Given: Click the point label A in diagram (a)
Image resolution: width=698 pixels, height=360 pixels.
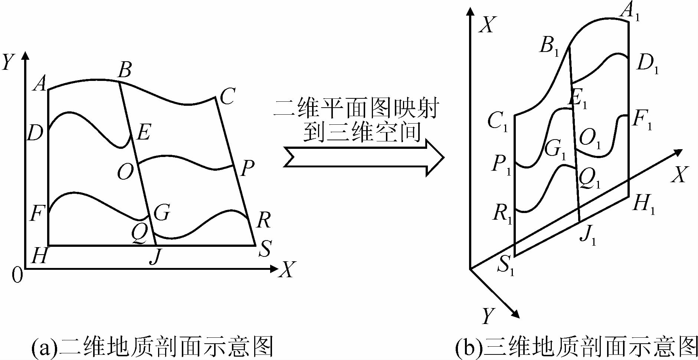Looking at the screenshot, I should click(40, 83).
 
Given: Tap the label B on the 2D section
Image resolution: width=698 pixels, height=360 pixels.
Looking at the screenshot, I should click(125, 69).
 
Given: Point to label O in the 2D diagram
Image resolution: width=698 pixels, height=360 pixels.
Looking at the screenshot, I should click(125, 172).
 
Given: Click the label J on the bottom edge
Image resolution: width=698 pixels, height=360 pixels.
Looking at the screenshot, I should click(156, 256).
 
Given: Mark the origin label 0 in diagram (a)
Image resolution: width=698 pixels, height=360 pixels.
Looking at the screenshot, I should click(17, 275).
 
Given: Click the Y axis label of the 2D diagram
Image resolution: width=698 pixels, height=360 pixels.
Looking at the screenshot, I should click(8, 62).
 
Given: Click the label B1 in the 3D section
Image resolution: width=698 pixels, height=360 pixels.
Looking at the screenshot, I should click(549, 46).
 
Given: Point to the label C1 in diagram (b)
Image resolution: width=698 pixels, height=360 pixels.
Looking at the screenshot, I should click(497, 121).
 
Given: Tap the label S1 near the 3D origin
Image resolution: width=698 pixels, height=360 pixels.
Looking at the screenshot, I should click(506, 265).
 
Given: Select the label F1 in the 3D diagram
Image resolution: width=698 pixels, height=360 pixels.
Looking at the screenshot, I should click(642, 120).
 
